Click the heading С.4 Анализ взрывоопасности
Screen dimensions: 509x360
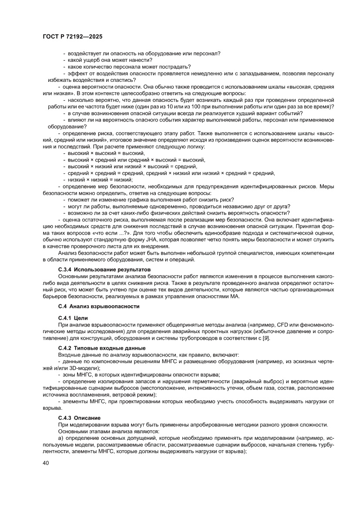click(x=98, y=307)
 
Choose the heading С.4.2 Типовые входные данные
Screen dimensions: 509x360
click(x=101, y=349)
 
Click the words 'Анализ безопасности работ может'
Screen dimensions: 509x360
click(x=98, y=253)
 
